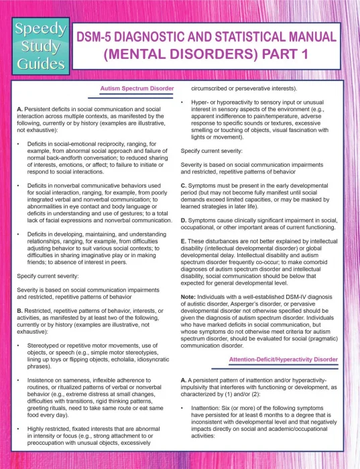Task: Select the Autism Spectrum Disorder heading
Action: [x=137, y=88]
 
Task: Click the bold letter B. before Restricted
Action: [x=19, y=275]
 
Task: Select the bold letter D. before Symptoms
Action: [x=184, y=219]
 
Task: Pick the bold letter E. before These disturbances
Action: [x=184, y=241]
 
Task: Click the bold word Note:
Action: [x=189, y=297]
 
